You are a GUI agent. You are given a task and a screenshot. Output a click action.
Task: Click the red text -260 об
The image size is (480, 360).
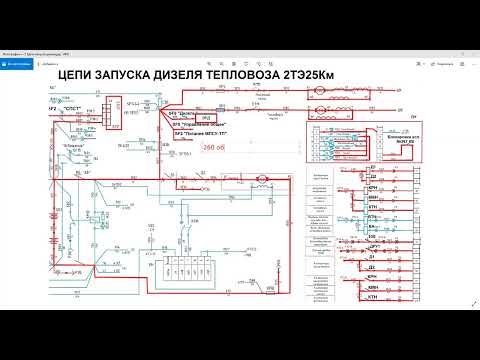click(214, 146)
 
